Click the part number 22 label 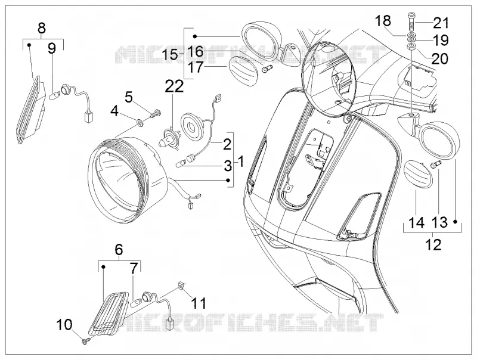(x=174, y=86)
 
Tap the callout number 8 (x=42, y=28)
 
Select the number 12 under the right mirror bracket (x=433, y=244)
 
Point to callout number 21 (x=441, y=23)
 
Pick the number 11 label (x=199, y=303)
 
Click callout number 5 (x=129, y=98)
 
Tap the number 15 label (x=170, y=55)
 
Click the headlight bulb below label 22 (x=168, y=138)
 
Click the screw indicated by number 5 (x=156, y=114)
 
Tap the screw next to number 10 (x=85, y=341)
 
